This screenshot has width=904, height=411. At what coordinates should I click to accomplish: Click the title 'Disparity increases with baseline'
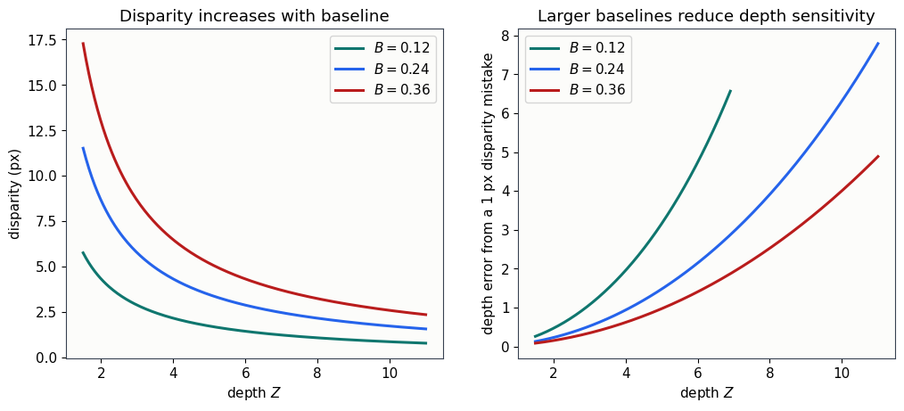click(254, 16)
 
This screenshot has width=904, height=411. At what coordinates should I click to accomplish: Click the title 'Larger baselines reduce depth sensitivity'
click(706, 16)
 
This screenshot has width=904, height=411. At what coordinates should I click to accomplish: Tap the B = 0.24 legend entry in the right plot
click(578, 70)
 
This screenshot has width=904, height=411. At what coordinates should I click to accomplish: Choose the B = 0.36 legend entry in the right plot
click(578, 91)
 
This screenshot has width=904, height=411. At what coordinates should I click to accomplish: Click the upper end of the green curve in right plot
click(730, 91)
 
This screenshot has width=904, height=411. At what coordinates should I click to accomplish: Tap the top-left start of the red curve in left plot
click(83, 43)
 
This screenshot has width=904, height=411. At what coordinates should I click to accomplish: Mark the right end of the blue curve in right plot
click(878, 43)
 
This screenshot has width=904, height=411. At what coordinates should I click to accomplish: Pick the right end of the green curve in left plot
click(426, 343)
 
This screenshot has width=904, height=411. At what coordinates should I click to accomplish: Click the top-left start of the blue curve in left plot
click(83, 148)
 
